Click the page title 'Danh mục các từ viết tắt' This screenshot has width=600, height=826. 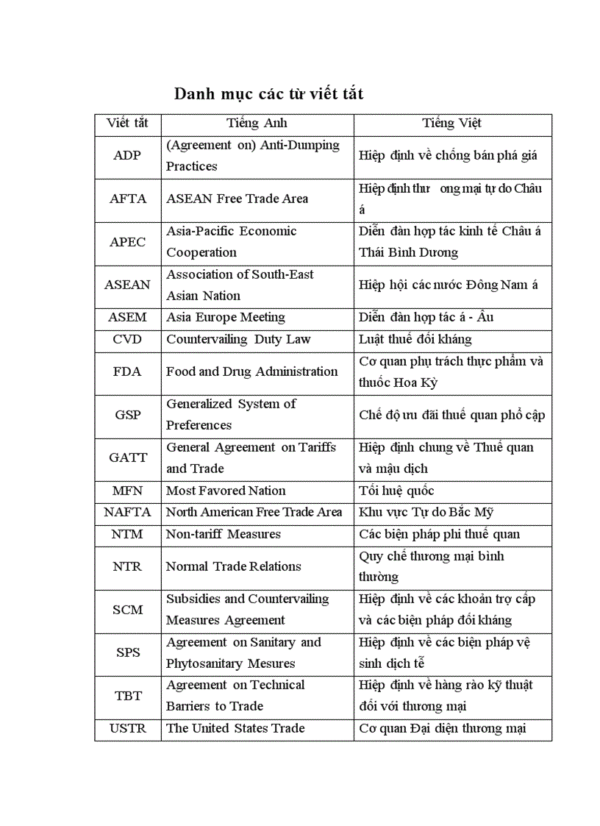click(x=268, y=94)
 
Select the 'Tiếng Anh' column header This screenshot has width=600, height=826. click(x=257, y=124)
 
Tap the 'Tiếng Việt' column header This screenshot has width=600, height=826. click(x=451, y=124)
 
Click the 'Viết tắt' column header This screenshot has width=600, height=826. click(x=127, y=124)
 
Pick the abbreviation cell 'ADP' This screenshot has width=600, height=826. click(x=127, y=156)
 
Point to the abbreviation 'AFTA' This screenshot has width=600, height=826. click(x=127, y=199)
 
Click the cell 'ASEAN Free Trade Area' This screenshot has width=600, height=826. click(x=237, y=199)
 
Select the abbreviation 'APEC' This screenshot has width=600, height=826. click(x=127, y=242)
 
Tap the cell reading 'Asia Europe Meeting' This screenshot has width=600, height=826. click(x=225, y=318)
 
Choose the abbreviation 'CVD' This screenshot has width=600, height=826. click(x=127, y=340)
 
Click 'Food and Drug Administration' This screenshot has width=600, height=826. click(x=251, y=371)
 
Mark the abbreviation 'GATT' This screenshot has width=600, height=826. click(x=127, y=457)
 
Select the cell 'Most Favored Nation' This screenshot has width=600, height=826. click(x=226, y=491)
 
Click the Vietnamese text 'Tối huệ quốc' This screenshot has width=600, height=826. click(x=396, y=491)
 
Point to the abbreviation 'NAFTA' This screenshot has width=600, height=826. click(x=127, y=512)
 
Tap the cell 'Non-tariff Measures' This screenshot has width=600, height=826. click(x=223, y=534)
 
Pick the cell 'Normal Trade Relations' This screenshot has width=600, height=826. click(x=233, y=566)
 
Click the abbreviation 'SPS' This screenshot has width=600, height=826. click(x=127, y=652)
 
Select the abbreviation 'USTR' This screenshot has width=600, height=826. click(x=127, y=728)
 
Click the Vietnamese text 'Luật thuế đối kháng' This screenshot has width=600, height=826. click(x=415, y=340)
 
